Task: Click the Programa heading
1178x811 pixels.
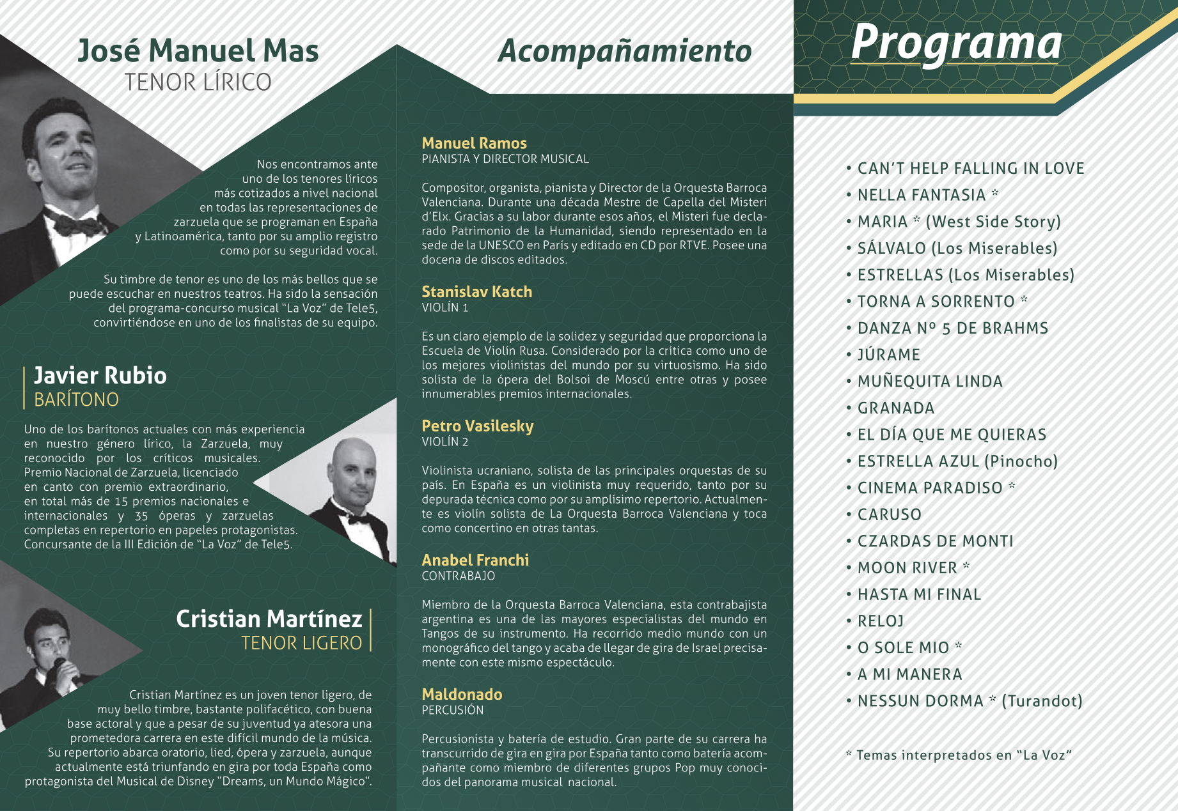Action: pos(955,43)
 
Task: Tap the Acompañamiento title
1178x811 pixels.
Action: pos(624,51)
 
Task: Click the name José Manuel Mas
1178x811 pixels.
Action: pos(198,51)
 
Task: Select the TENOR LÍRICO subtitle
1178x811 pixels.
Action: pos(198,82)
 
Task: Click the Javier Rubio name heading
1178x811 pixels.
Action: pos(100,376)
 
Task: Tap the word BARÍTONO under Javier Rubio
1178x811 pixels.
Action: pos(77,400)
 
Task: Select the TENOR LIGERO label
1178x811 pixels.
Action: pos(302,643)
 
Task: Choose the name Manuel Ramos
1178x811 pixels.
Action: pos(475,143)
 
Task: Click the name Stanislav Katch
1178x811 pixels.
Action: pos(477,292)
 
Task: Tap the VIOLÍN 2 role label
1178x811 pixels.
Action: pos(445,442)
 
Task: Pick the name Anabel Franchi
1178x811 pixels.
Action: pos(475,560)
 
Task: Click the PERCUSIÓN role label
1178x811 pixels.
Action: pos(453,710)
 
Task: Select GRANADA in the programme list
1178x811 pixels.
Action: pos(896,408)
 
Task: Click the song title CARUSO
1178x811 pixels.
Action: pos(890,514)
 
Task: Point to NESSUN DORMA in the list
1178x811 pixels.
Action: pos(921,701)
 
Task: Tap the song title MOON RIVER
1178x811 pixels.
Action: pos(907,568)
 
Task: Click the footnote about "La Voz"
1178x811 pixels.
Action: pos(959,755)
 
